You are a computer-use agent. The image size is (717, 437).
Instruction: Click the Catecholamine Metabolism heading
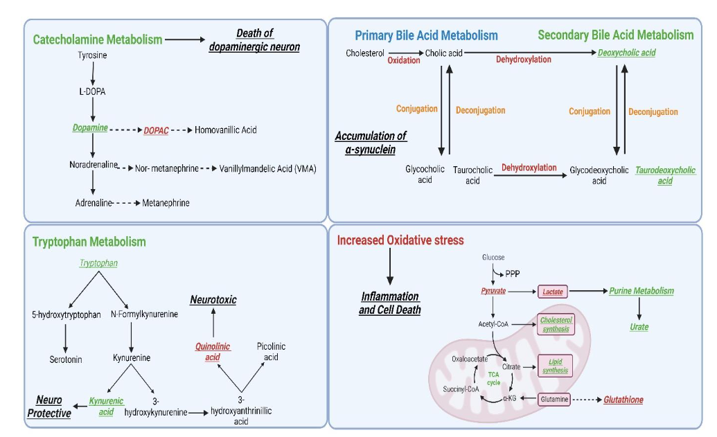click(98, 40)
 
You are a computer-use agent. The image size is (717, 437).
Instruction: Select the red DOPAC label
click(156, 131)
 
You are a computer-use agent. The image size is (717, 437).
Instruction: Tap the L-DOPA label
click(92, 91)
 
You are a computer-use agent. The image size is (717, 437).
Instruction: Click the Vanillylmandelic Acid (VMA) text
click(267, 168)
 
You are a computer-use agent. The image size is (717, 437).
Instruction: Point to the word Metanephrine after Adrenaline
click(166, 203)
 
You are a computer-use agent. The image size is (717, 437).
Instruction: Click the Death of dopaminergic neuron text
click(254, 40)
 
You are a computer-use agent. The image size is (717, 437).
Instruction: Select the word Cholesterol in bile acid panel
click(365, 53)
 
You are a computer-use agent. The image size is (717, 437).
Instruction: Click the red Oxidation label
click(403, 61)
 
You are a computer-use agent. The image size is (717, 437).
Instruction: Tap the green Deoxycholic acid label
click(626, 53)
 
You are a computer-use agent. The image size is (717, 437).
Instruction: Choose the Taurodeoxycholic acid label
click(665, 175)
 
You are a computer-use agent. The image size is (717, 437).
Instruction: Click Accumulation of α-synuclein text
click(371, 142)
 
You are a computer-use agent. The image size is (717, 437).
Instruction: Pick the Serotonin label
click(66, 359)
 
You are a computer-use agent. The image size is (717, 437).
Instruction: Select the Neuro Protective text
click(49, 407)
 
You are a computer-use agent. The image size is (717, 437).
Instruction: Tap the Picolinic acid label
click(271, 351)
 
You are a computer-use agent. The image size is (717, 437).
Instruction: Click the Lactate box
click(553, 292)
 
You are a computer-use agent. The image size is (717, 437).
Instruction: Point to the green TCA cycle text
click(493, 378)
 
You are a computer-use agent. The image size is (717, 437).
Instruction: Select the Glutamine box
click(554, 400)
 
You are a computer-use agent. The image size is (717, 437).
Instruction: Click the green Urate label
click(639, 327)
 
